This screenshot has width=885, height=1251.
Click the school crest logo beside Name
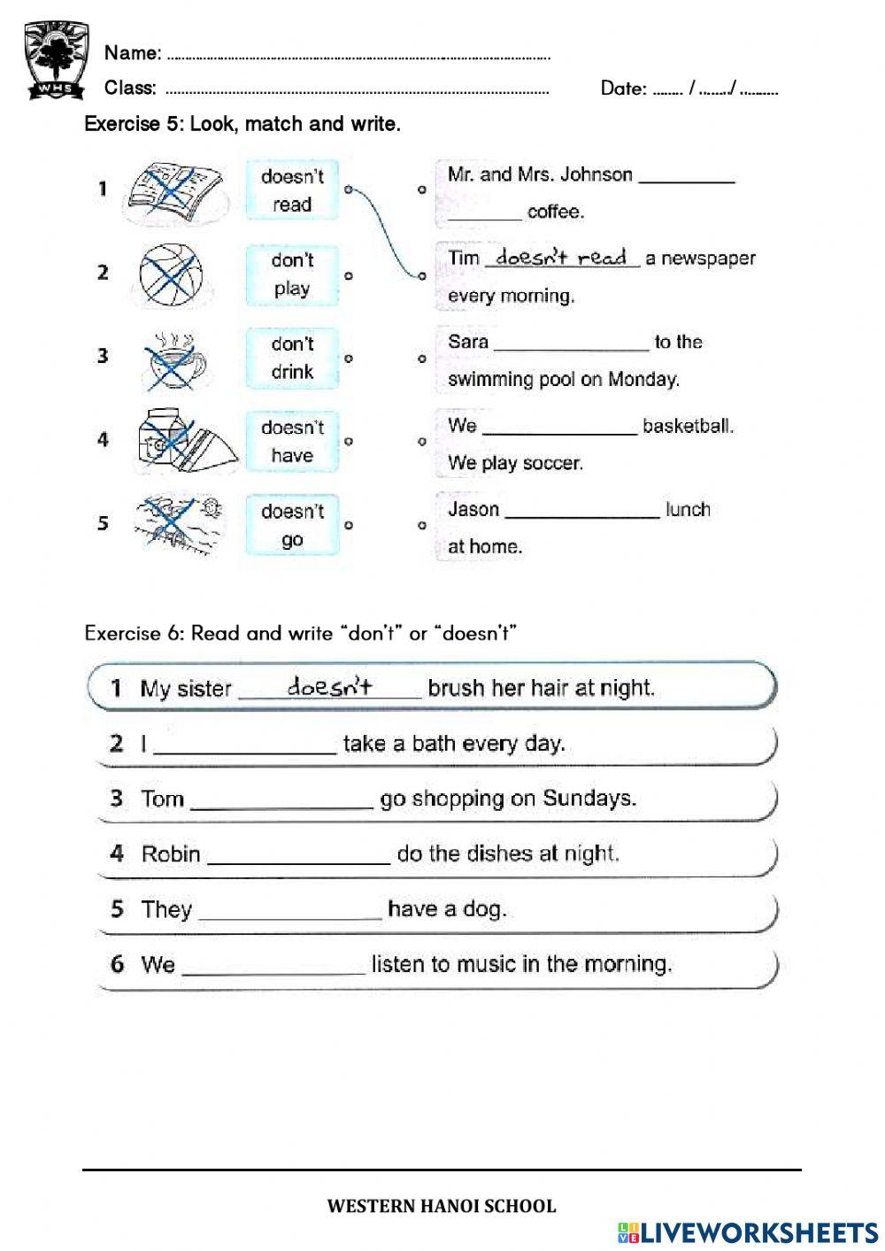[56, 60]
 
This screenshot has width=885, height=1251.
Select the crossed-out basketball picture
[171, 274]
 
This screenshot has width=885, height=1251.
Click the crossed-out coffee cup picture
[174, 359]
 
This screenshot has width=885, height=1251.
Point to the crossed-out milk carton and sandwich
[186, 441]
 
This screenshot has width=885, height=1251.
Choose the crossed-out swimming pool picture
[177, 522]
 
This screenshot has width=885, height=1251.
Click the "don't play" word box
[292, 274]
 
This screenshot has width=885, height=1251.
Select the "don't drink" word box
[292, 358]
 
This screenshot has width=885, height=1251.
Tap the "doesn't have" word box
[292, 441]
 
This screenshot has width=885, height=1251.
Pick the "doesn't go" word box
[292, 525]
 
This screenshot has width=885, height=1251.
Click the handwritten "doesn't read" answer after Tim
[561, 258]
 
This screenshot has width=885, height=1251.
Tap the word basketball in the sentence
[688, 426]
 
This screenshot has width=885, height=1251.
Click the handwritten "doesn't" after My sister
[329, 686]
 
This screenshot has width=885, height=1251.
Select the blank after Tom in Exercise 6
[281, 801]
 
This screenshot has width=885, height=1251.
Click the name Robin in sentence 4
[171, 854]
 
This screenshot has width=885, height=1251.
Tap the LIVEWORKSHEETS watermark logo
[748, 1232]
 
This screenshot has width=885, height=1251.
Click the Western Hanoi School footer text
[442, 1206]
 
